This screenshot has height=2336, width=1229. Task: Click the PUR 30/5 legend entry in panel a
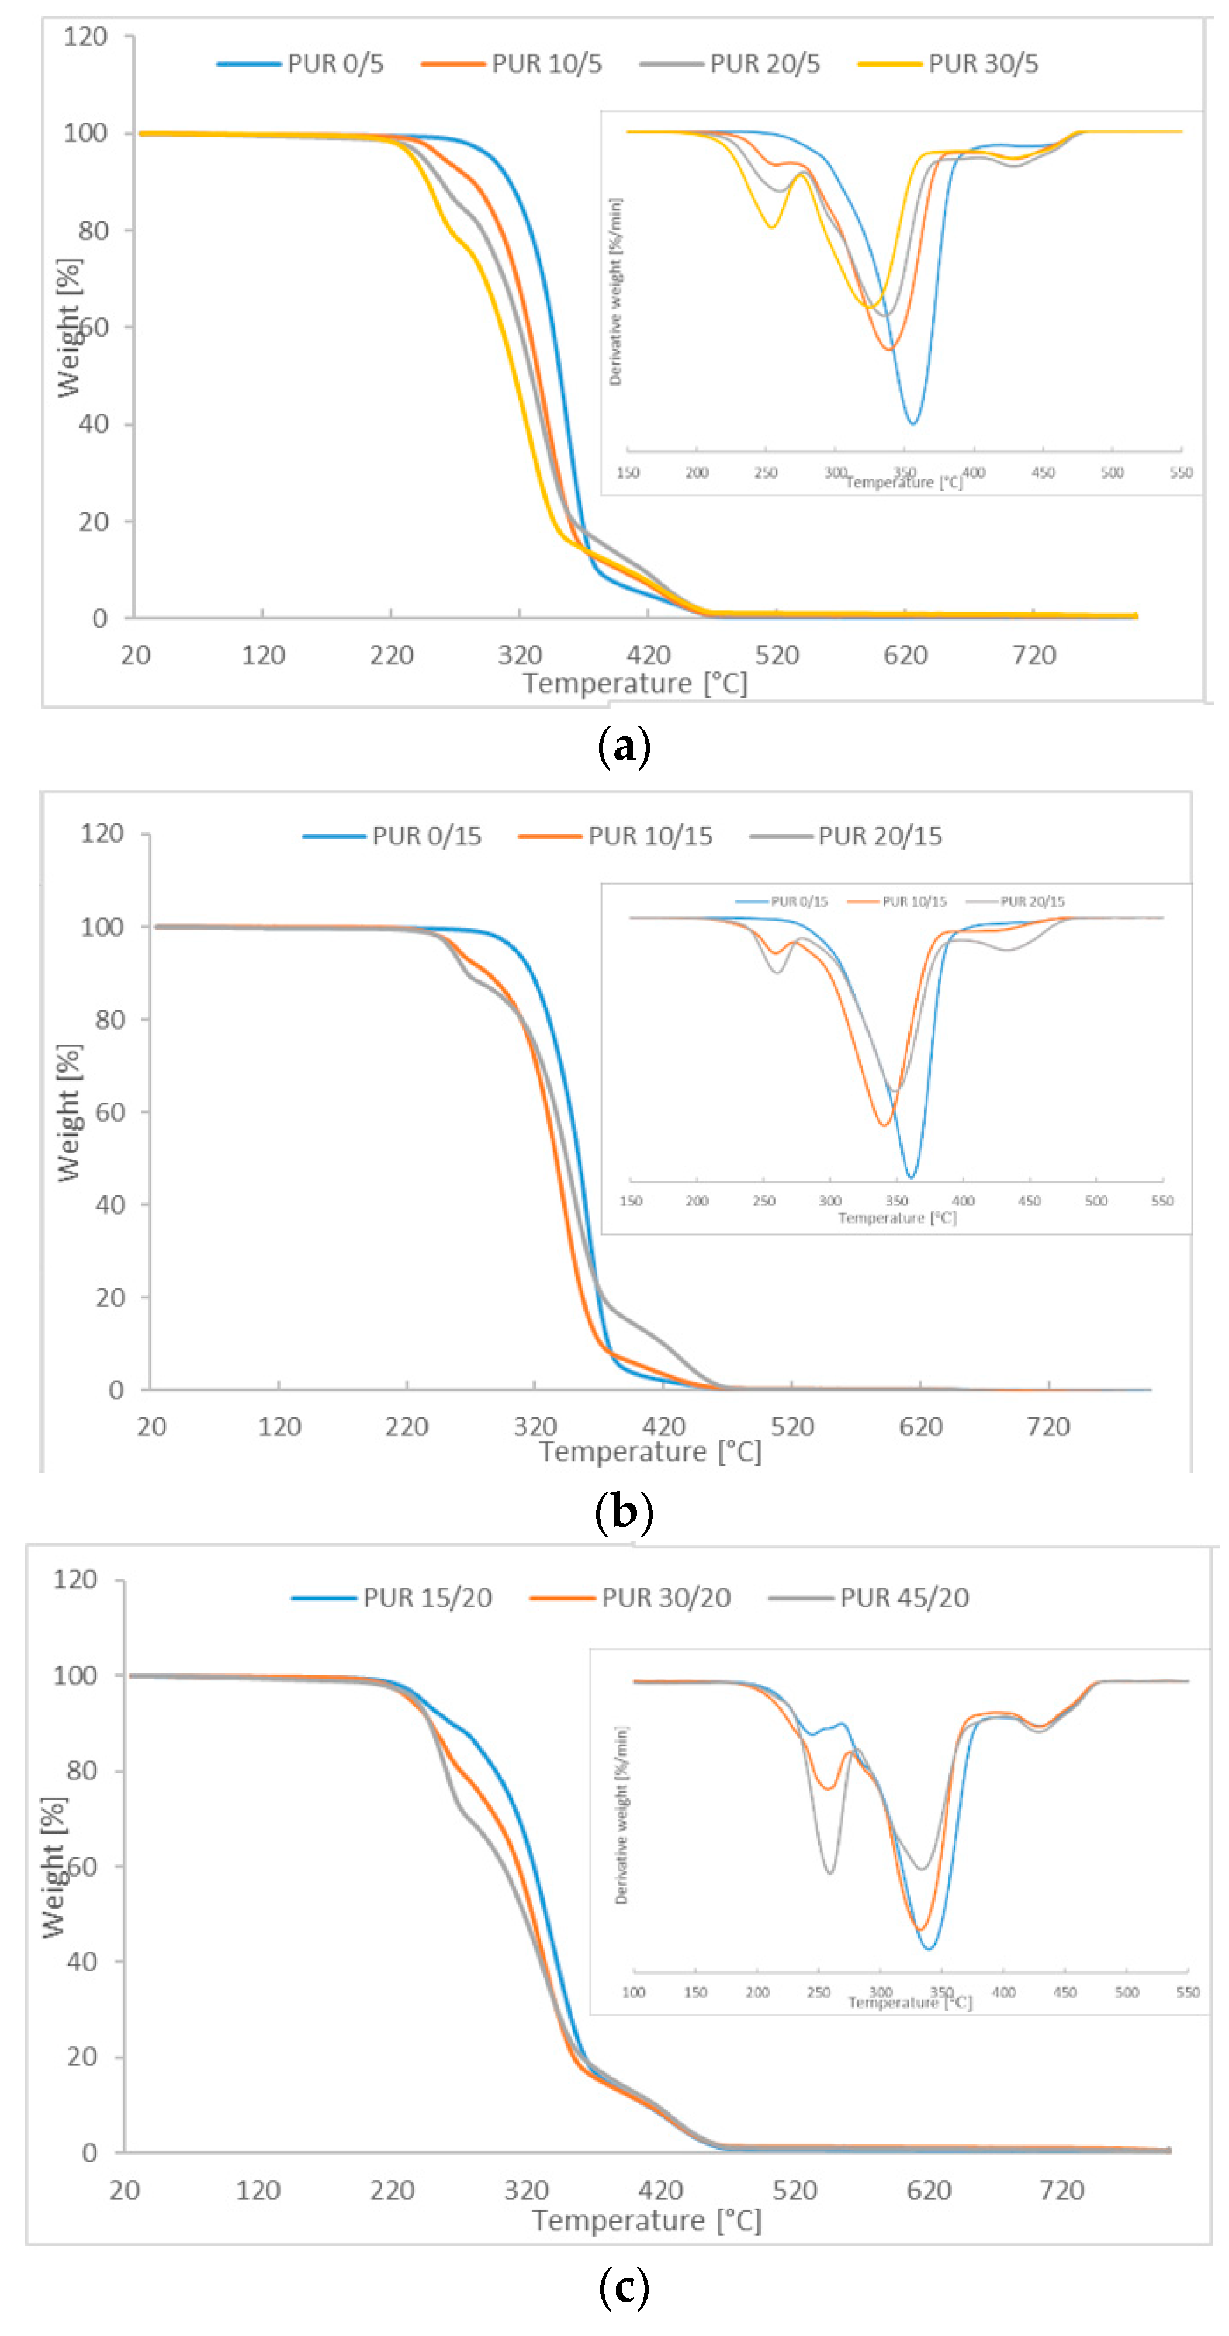click(x=982, y=64)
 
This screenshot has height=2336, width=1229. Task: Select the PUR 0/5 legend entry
click(x=335, y=64)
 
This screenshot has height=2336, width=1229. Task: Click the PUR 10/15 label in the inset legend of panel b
click(x=913, y=902)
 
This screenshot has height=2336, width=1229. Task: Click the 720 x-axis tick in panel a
click(x=1033, y=655)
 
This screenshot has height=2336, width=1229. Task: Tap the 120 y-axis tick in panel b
click(x=102, y=833)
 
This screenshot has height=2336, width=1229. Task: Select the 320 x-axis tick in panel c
click(x=526, y=2190)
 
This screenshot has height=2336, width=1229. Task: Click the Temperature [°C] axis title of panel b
click(x=649, y=1452)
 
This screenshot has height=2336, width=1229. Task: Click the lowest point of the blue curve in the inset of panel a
click(x=912, y=424)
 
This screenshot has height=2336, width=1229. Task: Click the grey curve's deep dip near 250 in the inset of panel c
click(x=830, y=1873)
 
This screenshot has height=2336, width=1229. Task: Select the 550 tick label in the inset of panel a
click(x=1180, y=473)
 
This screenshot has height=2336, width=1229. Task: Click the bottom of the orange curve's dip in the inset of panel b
click(x=884, y=1125)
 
